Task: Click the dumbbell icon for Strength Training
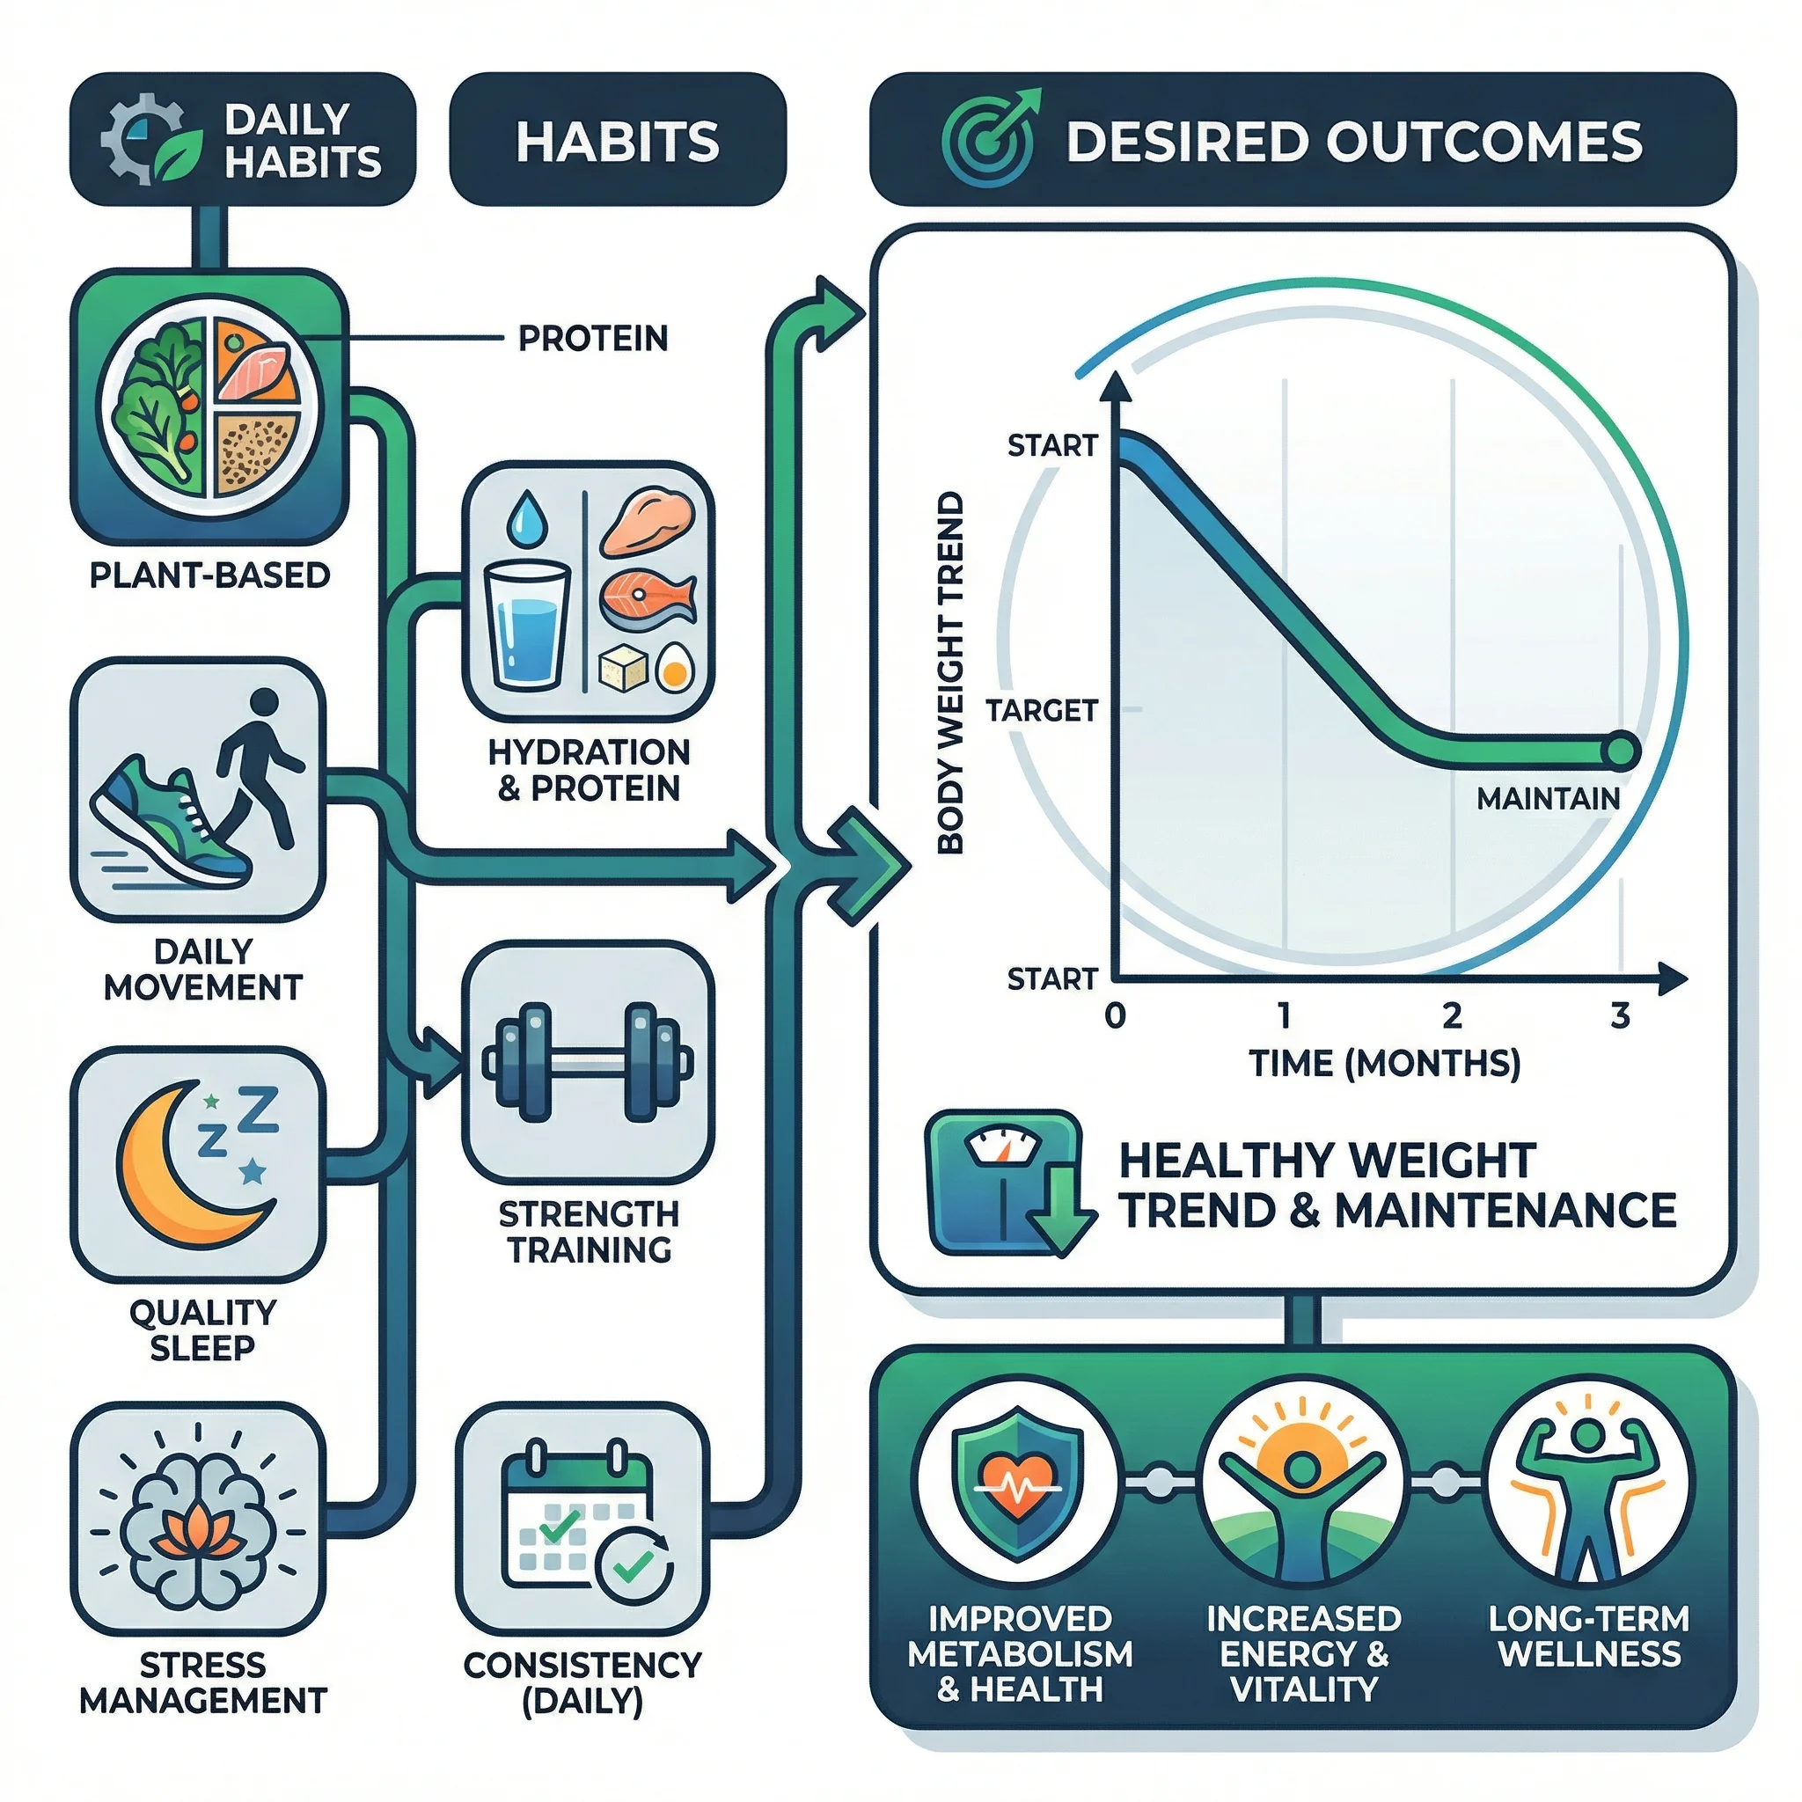pyautogui.click(x=588, y=1062)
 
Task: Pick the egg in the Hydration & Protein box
pyautogui.click(x=674, y=667)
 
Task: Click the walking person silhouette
pyautogui.click(x=260, y=765)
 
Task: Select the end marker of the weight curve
pyautogui.click(x=1621, y=750)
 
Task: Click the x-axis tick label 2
pyautogui.click(x=1452, y=1015)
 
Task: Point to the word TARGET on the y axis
pyautogui.click(x=1042, y=711)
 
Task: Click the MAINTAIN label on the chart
pyautogui.click(x=1549, y=798)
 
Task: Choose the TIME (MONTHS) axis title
pyautogui.click(x=1385, y=1063)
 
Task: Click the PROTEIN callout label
pyautogui.click(x=593, y=338)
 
